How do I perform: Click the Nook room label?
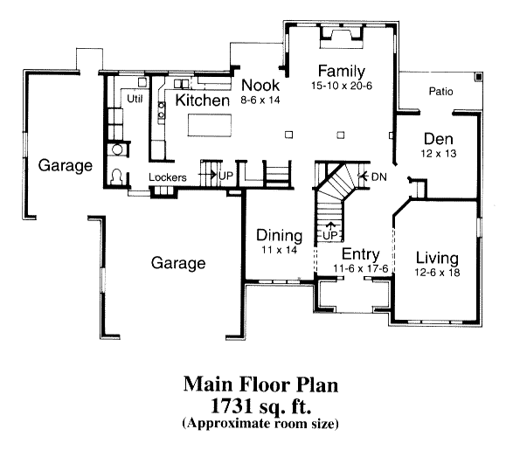coord(260,85)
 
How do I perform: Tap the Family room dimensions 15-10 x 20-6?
coord(342,86)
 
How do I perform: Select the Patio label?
coord(440,92)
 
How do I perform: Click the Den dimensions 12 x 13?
coord(438,154)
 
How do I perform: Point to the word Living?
coord(437,258)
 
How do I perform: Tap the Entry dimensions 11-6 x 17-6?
coord(360,268)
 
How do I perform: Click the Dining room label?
coord(280,236)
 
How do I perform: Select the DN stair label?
coord(379,177)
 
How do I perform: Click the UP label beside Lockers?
coord(225,176)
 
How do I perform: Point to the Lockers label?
coord(168,177)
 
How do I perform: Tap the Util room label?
coord(135,99)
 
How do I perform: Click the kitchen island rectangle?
coord(210,125)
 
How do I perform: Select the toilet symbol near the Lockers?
coord(116,177)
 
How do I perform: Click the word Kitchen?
coord(203,100)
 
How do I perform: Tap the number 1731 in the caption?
coord(232,406)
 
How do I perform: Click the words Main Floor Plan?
coord(260,384)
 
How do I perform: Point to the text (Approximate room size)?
coord(260,423)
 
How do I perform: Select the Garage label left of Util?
coord(66,166)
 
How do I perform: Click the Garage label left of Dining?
coord(178,263)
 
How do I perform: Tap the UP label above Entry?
coord(329,235)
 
